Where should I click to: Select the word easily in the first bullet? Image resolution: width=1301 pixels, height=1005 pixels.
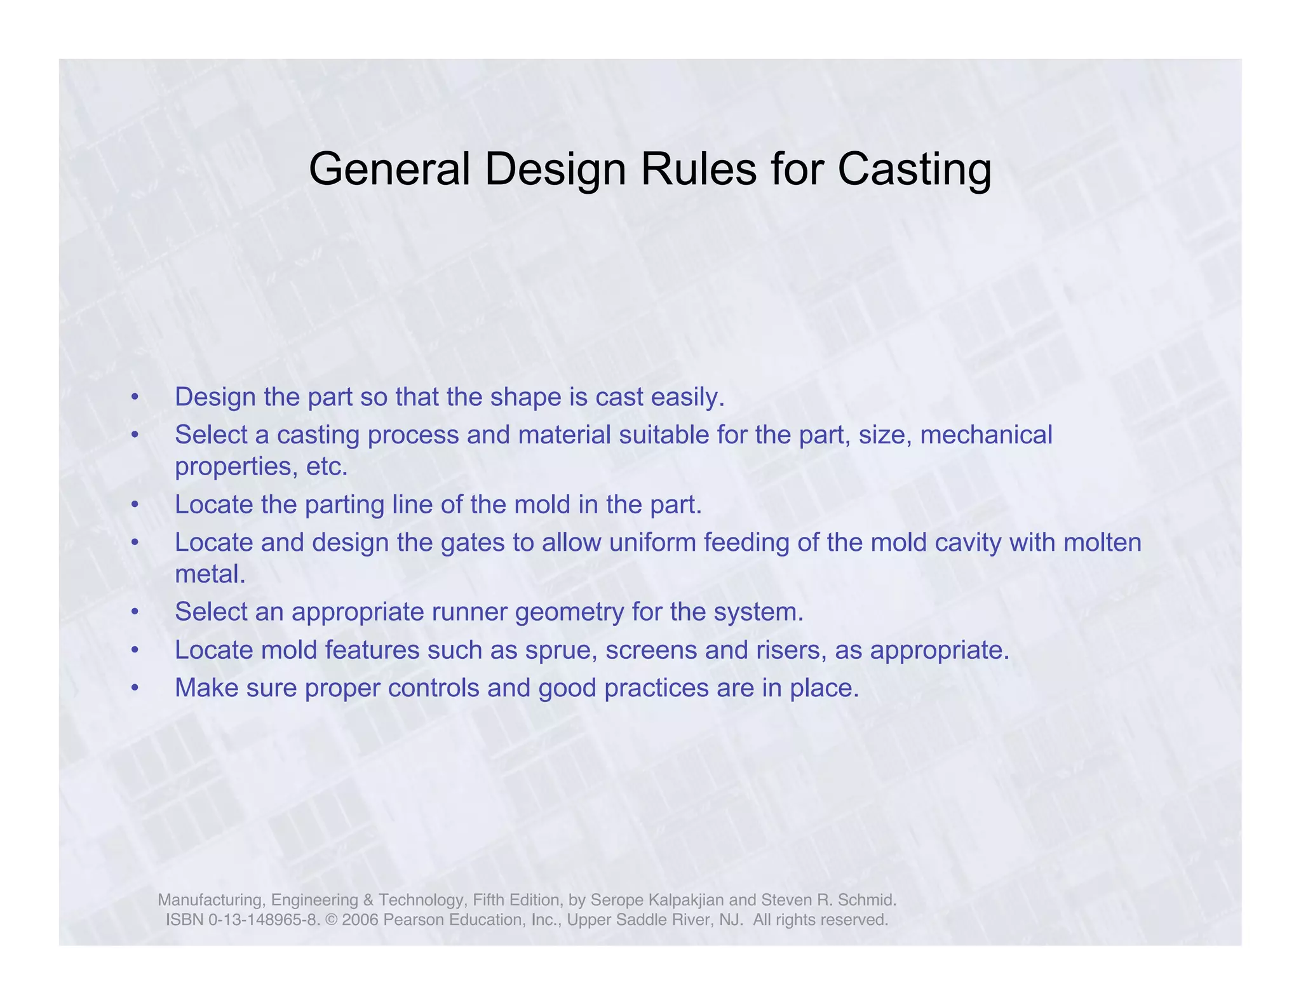[690, 397]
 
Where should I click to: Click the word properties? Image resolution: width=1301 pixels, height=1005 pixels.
[234, 467]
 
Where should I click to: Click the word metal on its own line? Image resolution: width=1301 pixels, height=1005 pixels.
[210, 574]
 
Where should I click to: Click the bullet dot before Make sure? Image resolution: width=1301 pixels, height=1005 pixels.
[134, 689]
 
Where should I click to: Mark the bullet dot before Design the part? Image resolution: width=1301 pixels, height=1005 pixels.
[134, 398]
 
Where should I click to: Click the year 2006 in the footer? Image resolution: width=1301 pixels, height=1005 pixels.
[360, 920]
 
